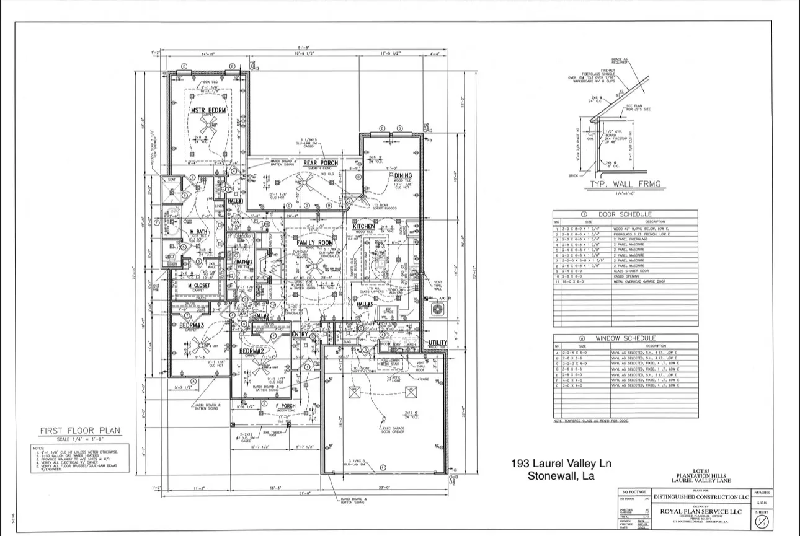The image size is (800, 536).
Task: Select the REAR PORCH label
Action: click(x=321, y=164)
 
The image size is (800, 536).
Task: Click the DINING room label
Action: click(x=402, y=176)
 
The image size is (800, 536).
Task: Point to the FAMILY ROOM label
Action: click(x=315, y=243)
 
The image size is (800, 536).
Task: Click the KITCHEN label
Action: click(x=364, y=227)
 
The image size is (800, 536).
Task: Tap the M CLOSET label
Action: click(x=199, y=286)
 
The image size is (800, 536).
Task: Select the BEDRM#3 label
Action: click(x=192, y=325)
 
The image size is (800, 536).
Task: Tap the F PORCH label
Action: click(x=285, y=406)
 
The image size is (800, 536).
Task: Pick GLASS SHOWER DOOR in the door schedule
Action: click(x=629, y=271)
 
